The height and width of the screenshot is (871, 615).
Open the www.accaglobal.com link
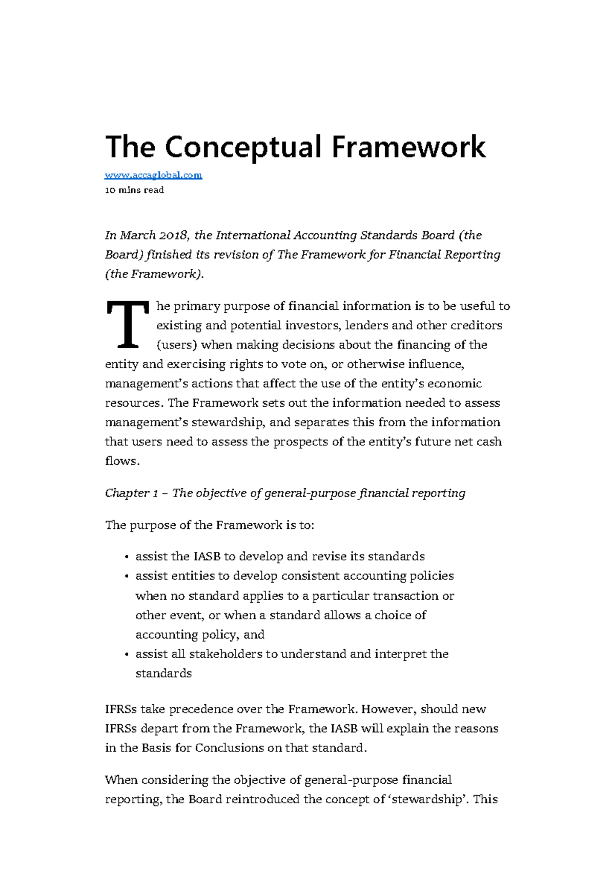153,175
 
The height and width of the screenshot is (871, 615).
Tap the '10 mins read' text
134,190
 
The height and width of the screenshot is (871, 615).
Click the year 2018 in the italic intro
175,235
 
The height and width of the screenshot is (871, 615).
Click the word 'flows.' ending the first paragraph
122,461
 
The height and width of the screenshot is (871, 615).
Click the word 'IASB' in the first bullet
207,557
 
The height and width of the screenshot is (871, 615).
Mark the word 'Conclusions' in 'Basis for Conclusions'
230,748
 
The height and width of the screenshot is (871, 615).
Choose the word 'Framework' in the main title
408,147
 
